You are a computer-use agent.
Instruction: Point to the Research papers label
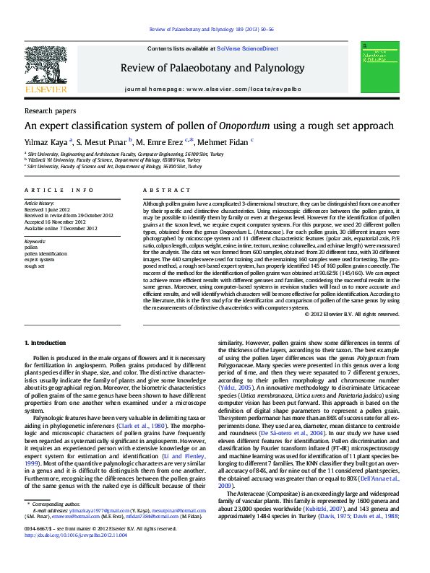coord(50,111)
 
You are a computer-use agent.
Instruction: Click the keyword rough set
coord(35,266)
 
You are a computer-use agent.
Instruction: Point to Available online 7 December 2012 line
coord(61,228)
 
